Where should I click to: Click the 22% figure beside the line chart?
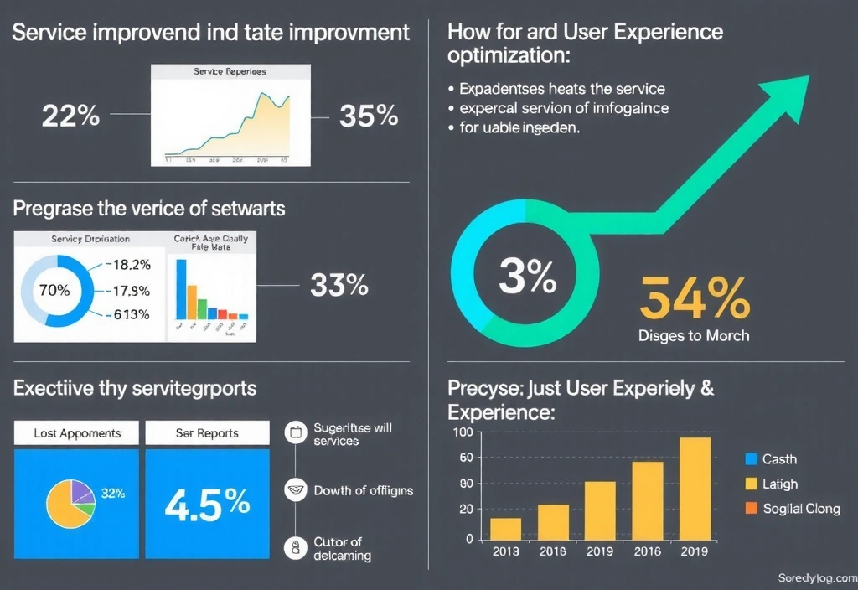pos(70,116)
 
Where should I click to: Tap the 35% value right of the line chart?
pos(369,116)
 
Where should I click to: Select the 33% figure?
pos(339,286)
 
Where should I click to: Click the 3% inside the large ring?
pos(527,277)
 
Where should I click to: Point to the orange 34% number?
pos(695,299)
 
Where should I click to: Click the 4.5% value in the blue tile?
pos(207,503)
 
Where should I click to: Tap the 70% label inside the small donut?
pos(54,291)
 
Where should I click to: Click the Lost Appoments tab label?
pos(77,433)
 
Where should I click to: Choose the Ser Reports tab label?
pos(207,433)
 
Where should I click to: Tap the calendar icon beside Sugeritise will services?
pos(295,433)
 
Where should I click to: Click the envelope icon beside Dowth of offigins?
pos(295,490)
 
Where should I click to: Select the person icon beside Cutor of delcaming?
pos(295,548)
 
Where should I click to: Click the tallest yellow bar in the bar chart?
pos(694,489)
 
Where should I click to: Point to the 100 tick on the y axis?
pos(463,432)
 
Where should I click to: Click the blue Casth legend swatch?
pos(750,459)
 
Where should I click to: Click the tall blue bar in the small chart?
pos(181,289)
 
